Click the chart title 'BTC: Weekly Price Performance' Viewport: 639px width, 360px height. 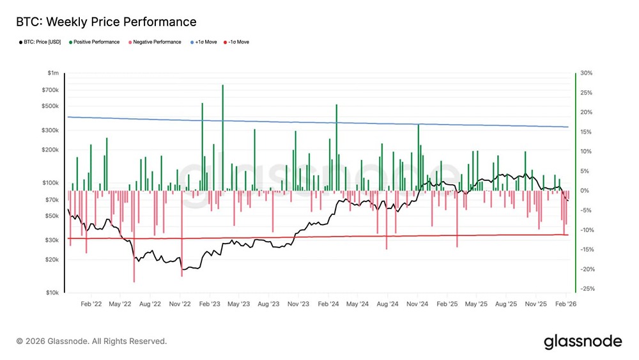coord(106,22)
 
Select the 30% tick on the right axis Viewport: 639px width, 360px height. coord(587,74)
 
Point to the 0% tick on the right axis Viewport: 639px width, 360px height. coord(584,191)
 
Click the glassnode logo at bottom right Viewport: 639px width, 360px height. coord(582,341)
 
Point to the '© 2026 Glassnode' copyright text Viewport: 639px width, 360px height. coord(91,341)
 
